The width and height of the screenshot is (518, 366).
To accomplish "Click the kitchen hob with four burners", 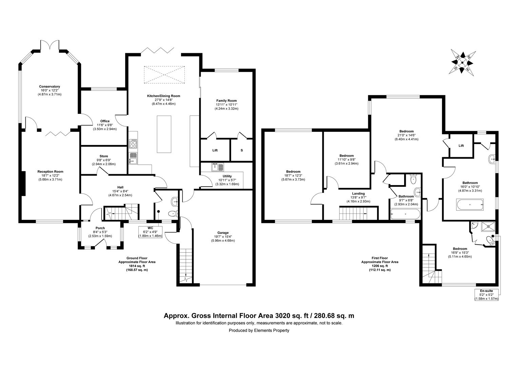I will (x=133, y=143).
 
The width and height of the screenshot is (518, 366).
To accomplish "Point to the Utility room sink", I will (x=217, y=167).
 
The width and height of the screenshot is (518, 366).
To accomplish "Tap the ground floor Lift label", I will (x=215, y=150).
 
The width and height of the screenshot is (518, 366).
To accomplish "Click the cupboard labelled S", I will (x=242, y=150).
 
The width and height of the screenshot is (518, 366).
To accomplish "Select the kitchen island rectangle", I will (x=164, y=135).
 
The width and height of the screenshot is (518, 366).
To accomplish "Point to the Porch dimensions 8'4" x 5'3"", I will (x=100, y=232).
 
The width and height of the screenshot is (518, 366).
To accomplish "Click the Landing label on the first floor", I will (x=358, y=194).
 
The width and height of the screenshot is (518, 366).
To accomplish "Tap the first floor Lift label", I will (x=461, y=146).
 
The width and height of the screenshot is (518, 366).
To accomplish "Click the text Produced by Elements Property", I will (x=259, y=330).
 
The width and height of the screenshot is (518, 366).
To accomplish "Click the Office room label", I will (x=105, y=121).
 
